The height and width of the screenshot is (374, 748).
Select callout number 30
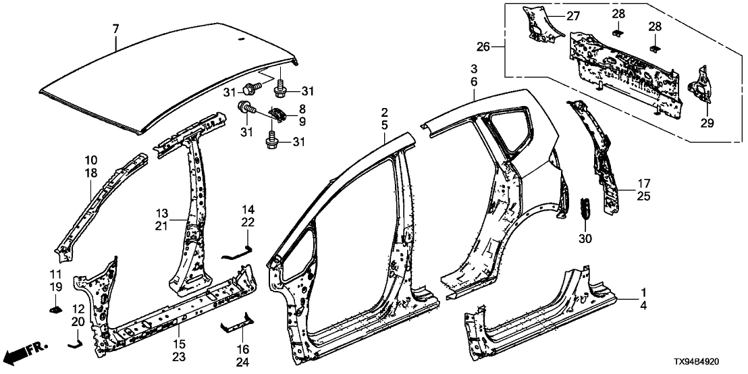585,238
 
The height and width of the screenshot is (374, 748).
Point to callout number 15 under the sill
178,327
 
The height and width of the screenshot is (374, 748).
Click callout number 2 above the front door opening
384,112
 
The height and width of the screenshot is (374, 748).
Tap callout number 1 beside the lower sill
643,292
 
